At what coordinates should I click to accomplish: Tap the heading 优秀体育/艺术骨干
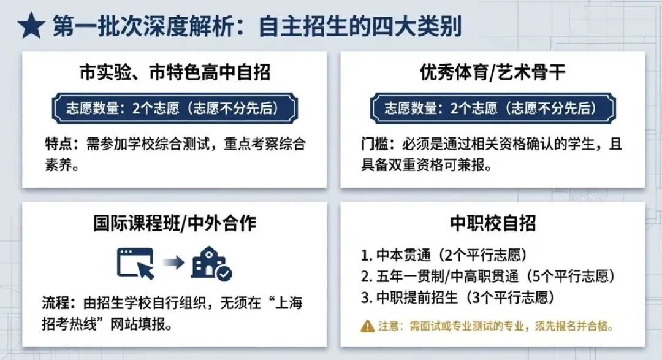pyautogui.click(x=493, y=74)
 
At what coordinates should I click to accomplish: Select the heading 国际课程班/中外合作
pyautogui.click(x=175, y=223)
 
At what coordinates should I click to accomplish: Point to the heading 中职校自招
pyautogui.click(x=493, y=223)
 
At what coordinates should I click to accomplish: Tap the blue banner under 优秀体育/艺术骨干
pyautogui.click(x=493, y=109)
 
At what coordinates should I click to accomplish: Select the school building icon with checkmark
pyautogui.click(x=211, y=263)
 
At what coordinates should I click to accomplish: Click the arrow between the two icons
pyautogui.click(x=174, y=263)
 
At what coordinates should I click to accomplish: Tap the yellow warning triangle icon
pyautogui.click(x=367, y=325)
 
